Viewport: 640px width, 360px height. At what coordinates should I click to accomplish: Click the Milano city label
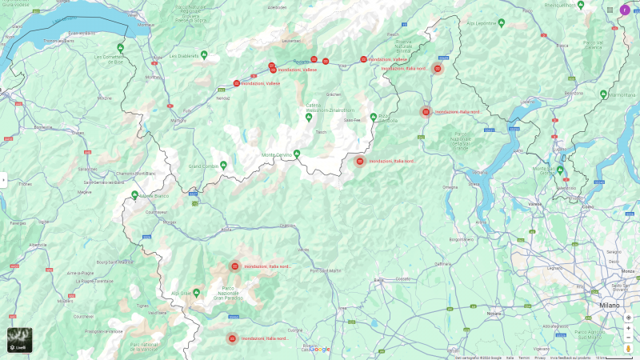(x=610, y=306)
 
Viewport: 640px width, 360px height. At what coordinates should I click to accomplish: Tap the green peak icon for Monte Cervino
(x=297, y=154)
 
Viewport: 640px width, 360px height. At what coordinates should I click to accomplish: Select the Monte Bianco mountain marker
(x=134, y=195)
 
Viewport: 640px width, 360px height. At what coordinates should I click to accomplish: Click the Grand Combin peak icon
(x=224, y=165)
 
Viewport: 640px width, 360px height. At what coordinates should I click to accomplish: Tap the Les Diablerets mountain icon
(x=204, y=55)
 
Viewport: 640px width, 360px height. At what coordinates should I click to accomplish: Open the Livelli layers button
(x=20, y=340)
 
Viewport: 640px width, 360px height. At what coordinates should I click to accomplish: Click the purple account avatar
(x=625, y=10)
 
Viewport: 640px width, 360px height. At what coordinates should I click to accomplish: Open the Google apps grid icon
(x=610, y=10)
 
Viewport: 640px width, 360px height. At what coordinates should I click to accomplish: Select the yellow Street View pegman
(x=629, y=348)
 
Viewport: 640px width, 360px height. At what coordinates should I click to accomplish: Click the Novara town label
(x=494, y=314)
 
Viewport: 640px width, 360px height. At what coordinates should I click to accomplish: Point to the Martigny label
(x=178, y=121)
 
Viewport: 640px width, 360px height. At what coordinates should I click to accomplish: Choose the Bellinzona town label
(x=573, y=93)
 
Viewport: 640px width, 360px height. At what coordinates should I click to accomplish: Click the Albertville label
(x=38, y=245)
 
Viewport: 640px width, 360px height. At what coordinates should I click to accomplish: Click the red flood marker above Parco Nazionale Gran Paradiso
(x=234, y=266)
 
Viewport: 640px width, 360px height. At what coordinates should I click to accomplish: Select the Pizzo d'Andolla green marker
(x=373, y=117)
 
